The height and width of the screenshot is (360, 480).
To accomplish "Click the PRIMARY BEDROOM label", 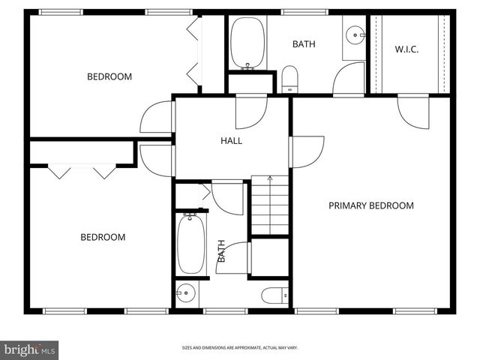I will pos(370,205).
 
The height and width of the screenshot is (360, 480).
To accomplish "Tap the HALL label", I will pos(231,140).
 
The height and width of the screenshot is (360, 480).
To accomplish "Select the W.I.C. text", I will pos(406,49).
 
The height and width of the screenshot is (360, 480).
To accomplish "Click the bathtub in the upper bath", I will pos(247,42).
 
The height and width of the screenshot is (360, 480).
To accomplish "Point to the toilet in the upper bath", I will pos(289,79).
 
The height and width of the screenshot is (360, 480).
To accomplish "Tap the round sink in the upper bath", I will pos(355,33).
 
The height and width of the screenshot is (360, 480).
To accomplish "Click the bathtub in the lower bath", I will pos(190,244).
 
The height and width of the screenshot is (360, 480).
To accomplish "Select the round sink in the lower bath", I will pos(186,292).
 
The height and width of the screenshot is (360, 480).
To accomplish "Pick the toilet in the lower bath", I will pos(274,295).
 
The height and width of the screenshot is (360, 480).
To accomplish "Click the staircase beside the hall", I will pos(269,205).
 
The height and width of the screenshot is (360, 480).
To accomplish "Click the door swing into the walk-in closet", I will pos(412,110).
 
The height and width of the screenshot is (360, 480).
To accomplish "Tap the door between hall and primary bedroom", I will pos(307,151).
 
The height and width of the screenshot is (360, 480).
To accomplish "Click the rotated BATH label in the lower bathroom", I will pos(222,250).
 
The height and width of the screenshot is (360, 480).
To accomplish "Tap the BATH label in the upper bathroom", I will pos(304,44).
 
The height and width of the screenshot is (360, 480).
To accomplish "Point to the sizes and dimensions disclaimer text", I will pos(240,348).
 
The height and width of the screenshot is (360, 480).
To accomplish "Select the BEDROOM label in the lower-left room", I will pos(103,237).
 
